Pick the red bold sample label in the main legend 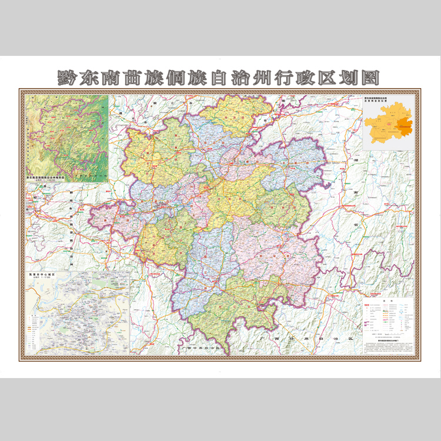(x=365, y=306)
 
